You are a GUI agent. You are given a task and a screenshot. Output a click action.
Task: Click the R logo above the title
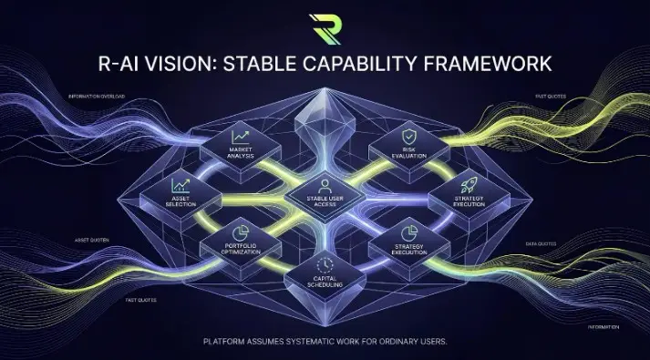coord(324,27)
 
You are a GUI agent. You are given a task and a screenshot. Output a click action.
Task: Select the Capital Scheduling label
coord(325,283)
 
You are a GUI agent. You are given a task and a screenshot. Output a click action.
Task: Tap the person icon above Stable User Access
coord(325,185)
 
